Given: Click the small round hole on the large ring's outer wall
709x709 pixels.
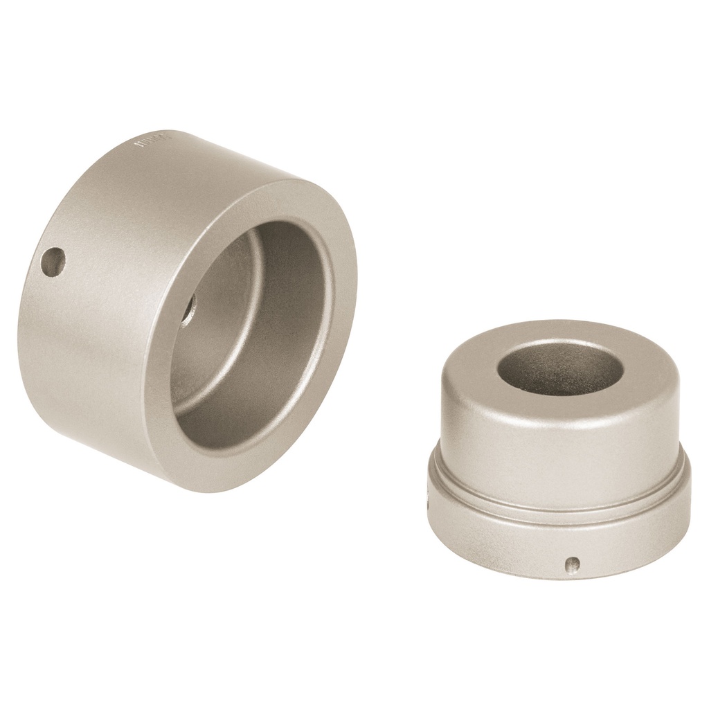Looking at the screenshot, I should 53,264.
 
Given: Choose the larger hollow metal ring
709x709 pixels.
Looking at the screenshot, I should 187,312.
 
